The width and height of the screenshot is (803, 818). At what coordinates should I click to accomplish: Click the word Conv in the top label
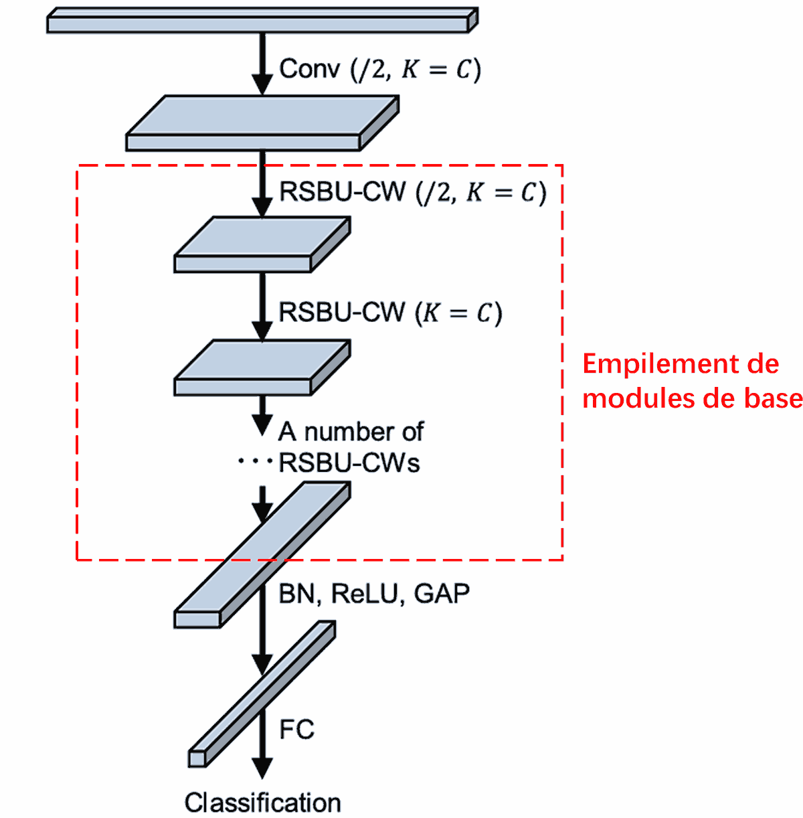tap(309, 69)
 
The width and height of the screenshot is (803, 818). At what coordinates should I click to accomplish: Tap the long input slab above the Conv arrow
tap(258, 24)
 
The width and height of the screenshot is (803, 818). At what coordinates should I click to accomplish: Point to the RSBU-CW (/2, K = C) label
tap(412, 192)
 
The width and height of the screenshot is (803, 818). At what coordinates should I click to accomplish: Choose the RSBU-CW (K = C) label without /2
tap(389, 313)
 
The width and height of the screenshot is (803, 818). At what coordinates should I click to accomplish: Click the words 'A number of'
tap(351, 432)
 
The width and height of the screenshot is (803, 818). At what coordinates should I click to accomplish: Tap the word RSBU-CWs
tap(349, 463)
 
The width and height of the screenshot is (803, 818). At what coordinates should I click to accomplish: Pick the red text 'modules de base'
tap(692, 398)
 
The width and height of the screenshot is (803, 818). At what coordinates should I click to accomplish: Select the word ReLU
tap(367, 594)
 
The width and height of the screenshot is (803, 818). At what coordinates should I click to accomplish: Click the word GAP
tap(442, 594)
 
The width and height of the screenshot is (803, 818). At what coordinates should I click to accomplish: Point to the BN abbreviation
tap(296, 594)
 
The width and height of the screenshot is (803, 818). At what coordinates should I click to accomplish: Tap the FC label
tap(296, 729)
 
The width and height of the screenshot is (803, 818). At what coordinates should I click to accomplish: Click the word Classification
tap(262, 803)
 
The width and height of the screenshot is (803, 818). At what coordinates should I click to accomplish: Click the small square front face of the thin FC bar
tap(197, 758)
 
